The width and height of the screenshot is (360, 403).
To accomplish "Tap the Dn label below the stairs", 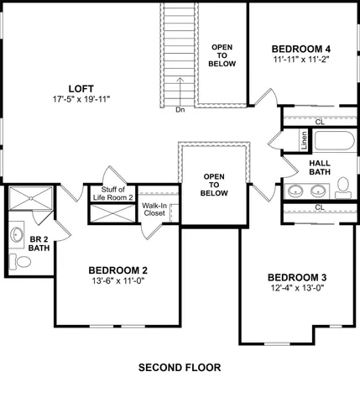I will (180, 109).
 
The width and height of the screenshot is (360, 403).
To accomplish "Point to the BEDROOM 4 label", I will (302, 48).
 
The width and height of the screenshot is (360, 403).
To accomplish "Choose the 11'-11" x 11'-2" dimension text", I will (302, 60).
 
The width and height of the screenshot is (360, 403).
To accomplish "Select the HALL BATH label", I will (320, 168).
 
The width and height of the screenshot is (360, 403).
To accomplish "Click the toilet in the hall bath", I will (343, 186).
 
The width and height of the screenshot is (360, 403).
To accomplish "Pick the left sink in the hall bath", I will (295, 191).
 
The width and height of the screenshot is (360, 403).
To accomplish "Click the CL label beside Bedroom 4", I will (320, 122).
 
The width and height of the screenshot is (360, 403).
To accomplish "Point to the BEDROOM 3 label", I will (297, 278).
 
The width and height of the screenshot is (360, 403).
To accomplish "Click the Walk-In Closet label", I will (154, 209).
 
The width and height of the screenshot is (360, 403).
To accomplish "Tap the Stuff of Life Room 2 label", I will (113, 194).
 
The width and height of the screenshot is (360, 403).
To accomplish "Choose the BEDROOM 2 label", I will (118, 270).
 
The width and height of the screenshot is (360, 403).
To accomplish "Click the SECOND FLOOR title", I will (179, 368).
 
